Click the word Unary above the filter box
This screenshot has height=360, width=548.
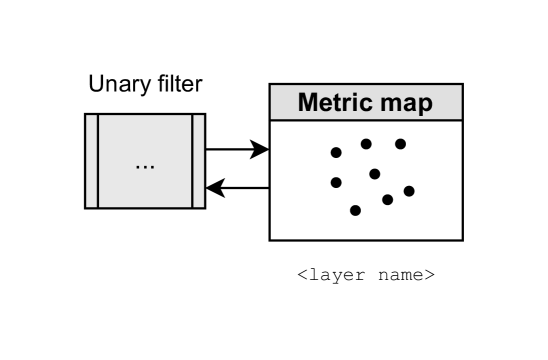pos(118,84)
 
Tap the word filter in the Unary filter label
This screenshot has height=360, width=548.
pos(177,84)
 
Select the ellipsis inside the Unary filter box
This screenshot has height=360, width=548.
pos(145,163)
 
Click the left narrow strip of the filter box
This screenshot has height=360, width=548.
pos(91,161)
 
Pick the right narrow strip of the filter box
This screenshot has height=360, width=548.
pos(198,161)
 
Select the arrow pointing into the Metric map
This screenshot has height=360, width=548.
pos(237,150)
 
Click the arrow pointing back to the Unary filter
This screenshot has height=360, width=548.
pos(237,187)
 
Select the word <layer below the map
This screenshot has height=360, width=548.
pos(330,273)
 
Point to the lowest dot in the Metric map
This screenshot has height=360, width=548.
pos(355,210)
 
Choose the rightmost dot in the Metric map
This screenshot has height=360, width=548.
pos(409,190)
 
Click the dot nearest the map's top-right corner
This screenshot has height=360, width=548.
pos(400,143)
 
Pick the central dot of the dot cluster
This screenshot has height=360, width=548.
pos(374,174)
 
